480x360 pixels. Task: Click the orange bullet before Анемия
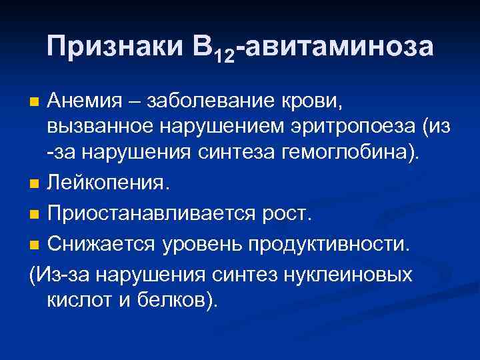pyautogui.click(x=36, y=102)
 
